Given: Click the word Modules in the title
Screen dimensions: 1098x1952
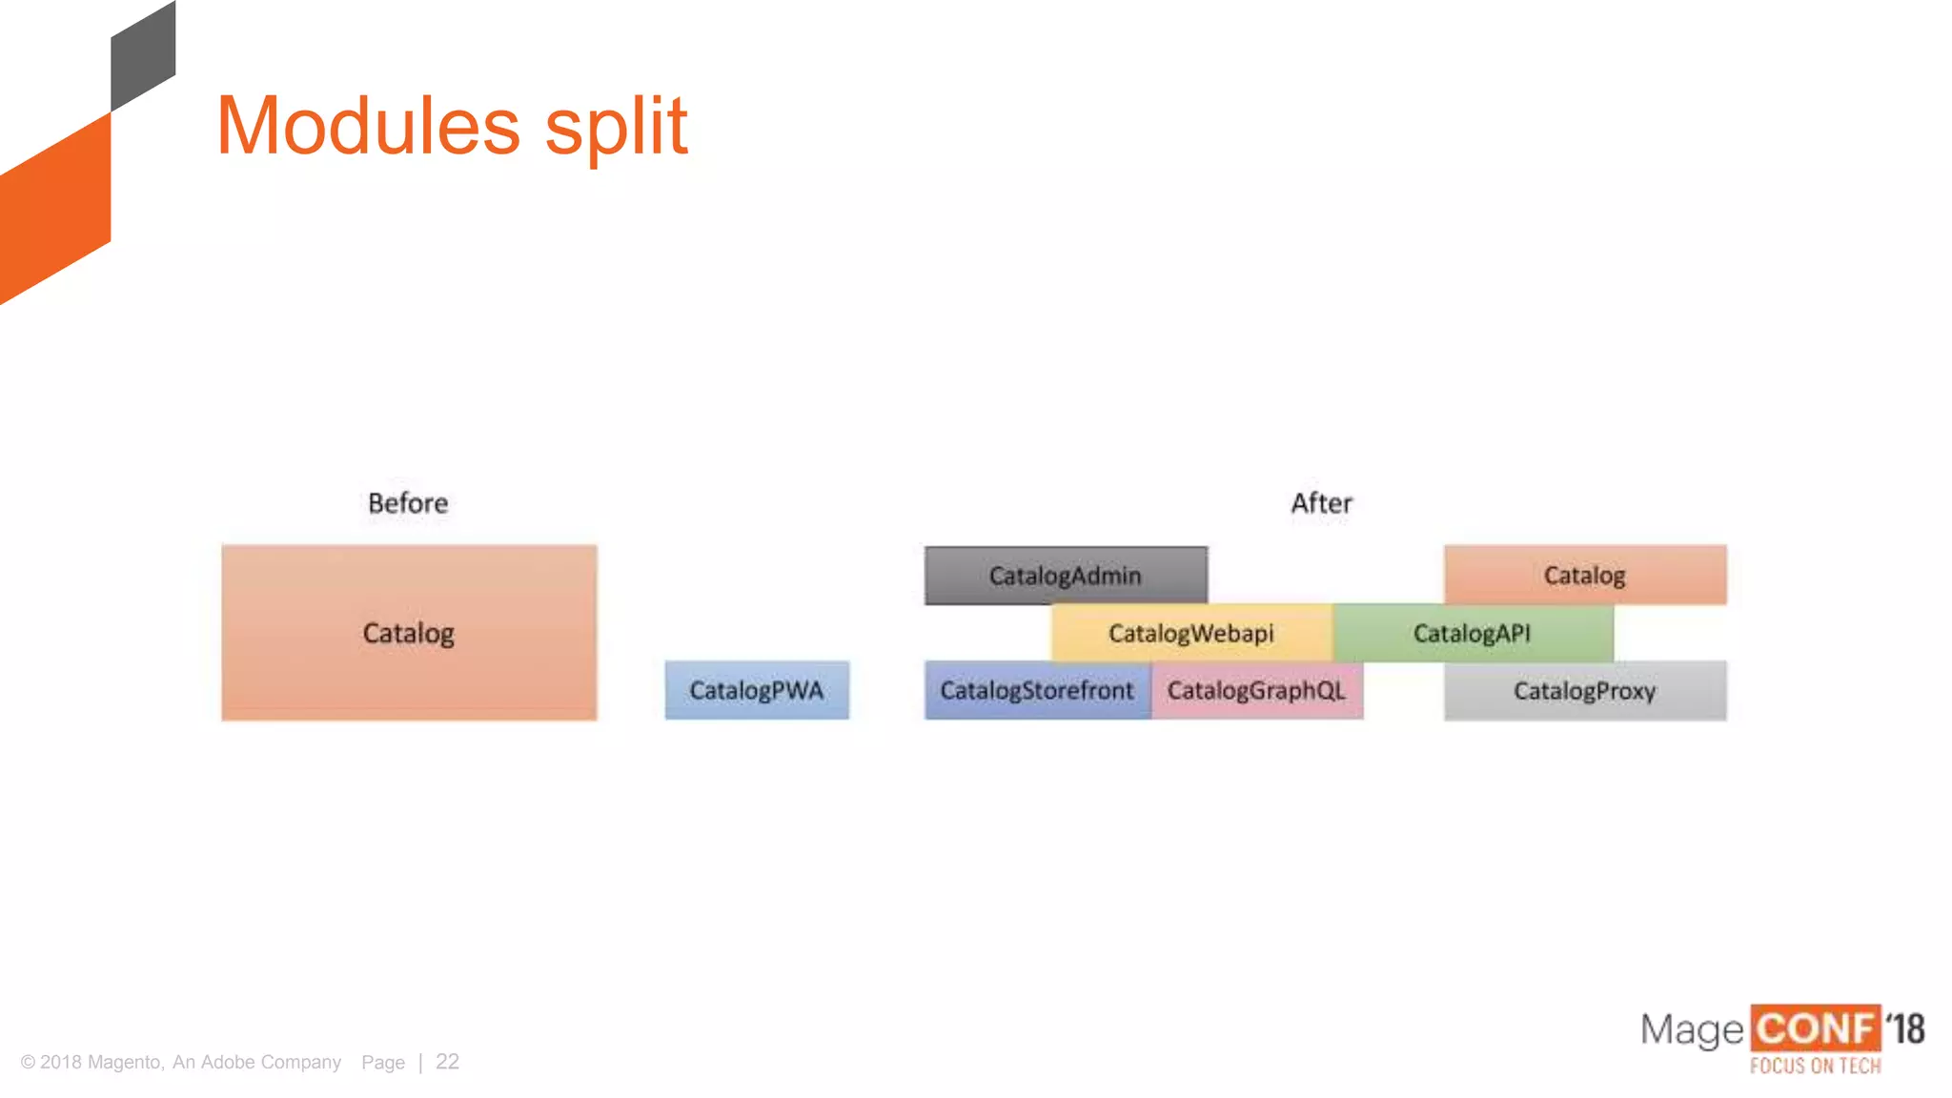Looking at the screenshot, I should coord(368,126).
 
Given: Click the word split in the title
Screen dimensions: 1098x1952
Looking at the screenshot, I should coord(616,128).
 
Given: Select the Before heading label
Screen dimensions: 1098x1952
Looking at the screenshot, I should coord(408,503).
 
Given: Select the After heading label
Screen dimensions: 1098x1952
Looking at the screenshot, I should coord(1321,503).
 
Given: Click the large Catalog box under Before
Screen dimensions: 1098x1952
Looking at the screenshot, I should coord(409,633).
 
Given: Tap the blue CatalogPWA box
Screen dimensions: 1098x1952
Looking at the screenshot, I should coord(757,690).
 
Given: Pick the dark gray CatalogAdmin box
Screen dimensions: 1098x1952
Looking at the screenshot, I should coord(1066,576).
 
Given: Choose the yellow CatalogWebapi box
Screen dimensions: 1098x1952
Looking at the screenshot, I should coord(1191,633).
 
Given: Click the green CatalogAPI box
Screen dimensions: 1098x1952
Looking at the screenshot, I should coord(1473,633).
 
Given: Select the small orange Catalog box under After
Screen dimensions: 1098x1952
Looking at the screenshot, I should coord(1585,575).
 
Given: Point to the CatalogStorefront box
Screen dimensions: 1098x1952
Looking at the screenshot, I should coord(1037,690).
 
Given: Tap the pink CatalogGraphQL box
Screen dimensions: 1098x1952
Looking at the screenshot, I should coord(1257,690).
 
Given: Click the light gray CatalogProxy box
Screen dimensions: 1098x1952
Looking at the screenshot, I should coord(1585,690).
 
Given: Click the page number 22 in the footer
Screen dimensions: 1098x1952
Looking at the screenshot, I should coord(447,1062).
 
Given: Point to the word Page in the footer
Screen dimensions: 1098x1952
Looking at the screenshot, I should coord(383,1062).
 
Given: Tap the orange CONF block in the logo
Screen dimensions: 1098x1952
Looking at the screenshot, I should coord(1815,1029).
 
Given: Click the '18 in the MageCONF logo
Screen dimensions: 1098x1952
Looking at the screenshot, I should coord(1905,1029).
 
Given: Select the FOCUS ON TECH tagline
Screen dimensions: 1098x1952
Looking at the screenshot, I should coord(1815,1066).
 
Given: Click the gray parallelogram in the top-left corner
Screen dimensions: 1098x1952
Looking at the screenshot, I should coord(143,57).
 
